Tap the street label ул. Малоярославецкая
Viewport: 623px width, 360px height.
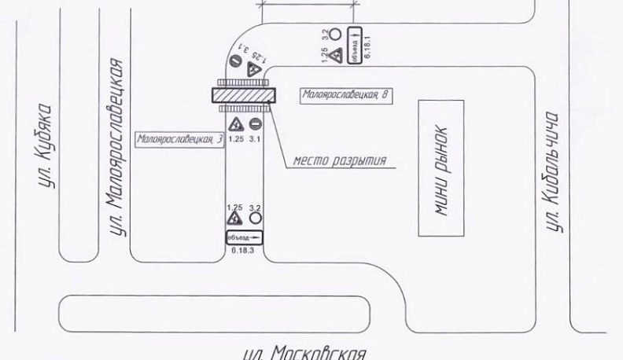click(116, 146)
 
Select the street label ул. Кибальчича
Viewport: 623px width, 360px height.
click(555, 171)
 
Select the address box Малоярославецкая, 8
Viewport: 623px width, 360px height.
click(346, 94)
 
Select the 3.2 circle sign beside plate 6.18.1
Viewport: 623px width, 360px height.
click(334, 34)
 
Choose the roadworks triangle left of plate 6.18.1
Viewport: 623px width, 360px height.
click(334, 56)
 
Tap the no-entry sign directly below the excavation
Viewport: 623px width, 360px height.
click(255, 124)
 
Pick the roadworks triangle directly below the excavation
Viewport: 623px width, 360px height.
click(234, 125)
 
